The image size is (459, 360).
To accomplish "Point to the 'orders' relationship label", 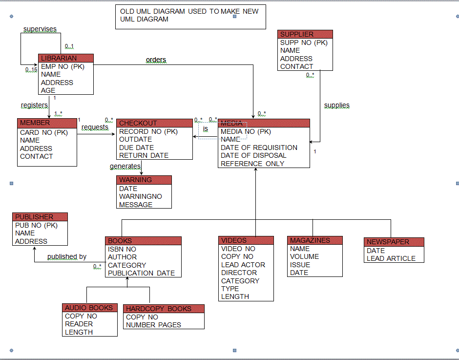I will click(156, 60).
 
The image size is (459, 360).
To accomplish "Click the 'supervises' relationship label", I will click(40, 29).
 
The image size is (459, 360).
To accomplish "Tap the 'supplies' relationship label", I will click(336, 105).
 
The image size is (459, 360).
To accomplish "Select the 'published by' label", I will click(67, 256).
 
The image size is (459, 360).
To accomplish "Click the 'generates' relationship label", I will click(125, 167).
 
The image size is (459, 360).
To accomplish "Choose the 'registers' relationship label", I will click(34, 105).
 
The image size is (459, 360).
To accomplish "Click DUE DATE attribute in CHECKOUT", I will click(136, 148).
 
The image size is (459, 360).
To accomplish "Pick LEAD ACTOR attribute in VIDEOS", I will click(243, 265).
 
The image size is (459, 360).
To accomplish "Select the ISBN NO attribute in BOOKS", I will click(122, 249).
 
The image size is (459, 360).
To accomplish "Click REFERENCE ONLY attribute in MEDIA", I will click(252, 164).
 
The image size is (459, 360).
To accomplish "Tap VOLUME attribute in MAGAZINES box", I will click(304, 256).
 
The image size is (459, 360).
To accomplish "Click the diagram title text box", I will click(190, 15).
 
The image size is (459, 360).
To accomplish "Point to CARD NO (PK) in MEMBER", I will click(43, 132).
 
